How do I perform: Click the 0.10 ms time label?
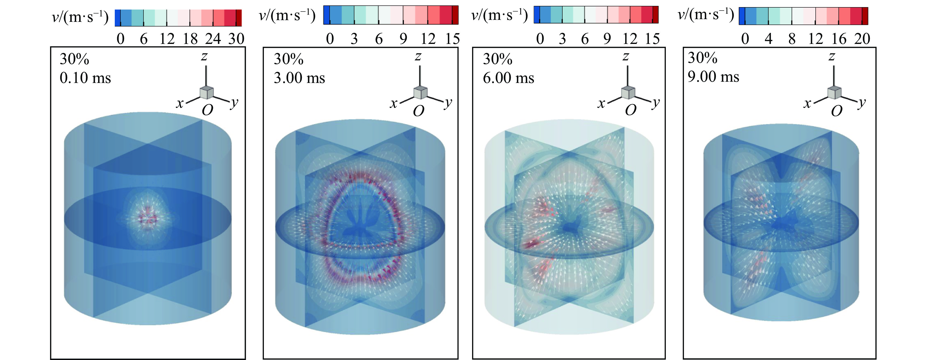(x=85, y=78)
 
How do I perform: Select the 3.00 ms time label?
(x=299, y=78)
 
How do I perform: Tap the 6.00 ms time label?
(x=508, y=78)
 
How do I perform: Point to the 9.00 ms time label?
(x=713, y=77)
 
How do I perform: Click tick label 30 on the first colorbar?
(x=236, y=39)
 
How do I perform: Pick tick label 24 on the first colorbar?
(x=213, y=39)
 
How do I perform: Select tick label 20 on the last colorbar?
(x=862, y=39)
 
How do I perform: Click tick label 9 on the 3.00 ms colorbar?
(x=403, y=39)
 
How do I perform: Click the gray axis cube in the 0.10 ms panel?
(x=206, y=93)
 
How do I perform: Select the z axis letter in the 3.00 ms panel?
(x=418, y=56)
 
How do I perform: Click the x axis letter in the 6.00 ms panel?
(x=601, y=104)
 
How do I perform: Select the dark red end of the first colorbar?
(x=239, y=18)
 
